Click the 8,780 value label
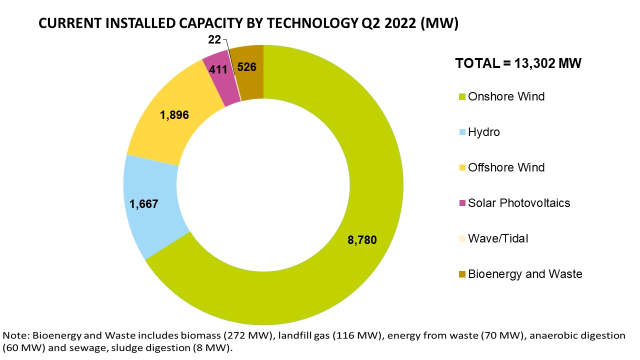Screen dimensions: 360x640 point(361,240)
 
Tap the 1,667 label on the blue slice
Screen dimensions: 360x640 point(144,204)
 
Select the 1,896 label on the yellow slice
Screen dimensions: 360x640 point(174,115)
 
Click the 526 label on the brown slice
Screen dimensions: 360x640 point(247,66)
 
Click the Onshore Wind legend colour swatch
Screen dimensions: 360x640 point(462,97)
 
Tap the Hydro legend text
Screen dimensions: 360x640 point(483,132)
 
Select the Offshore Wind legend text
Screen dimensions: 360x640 point(506,167)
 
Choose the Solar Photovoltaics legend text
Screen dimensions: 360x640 point(519,203)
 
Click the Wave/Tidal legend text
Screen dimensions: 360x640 point(498,238)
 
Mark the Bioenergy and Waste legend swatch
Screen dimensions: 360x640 point(462,274)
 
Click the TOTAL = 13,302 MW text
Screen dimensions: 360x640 point(518,63)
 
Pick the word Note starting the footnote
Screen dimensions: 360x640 point(14,334)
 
